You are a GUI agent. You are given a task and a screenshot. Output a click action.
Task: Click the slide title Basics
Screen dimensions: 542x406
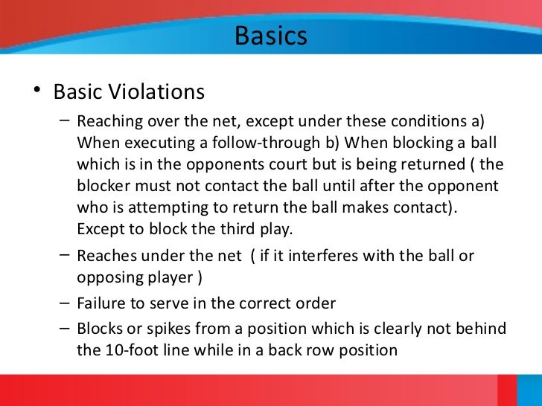[271, 36]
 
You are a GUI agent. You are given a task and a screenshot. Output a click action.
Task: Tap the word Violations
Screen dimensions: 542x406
[156, 92]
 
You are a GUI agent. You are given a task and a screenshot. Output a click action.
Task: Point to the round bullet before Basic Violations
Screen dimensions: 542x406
[36, 90]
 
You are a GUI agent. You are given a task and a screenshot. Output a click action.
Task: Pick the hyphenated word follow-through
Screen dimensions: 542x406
[267, 144]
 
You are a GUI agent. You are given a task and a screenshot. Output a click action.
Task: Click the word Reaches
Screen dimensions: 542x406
[106, 256]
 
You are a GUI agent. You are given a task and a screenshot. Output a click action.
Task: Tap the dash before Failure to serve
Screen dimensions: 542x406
[64, 303]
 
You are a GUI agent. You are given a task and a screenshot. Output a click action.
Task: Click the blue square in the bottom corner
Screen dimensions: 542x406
[529, 390]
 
